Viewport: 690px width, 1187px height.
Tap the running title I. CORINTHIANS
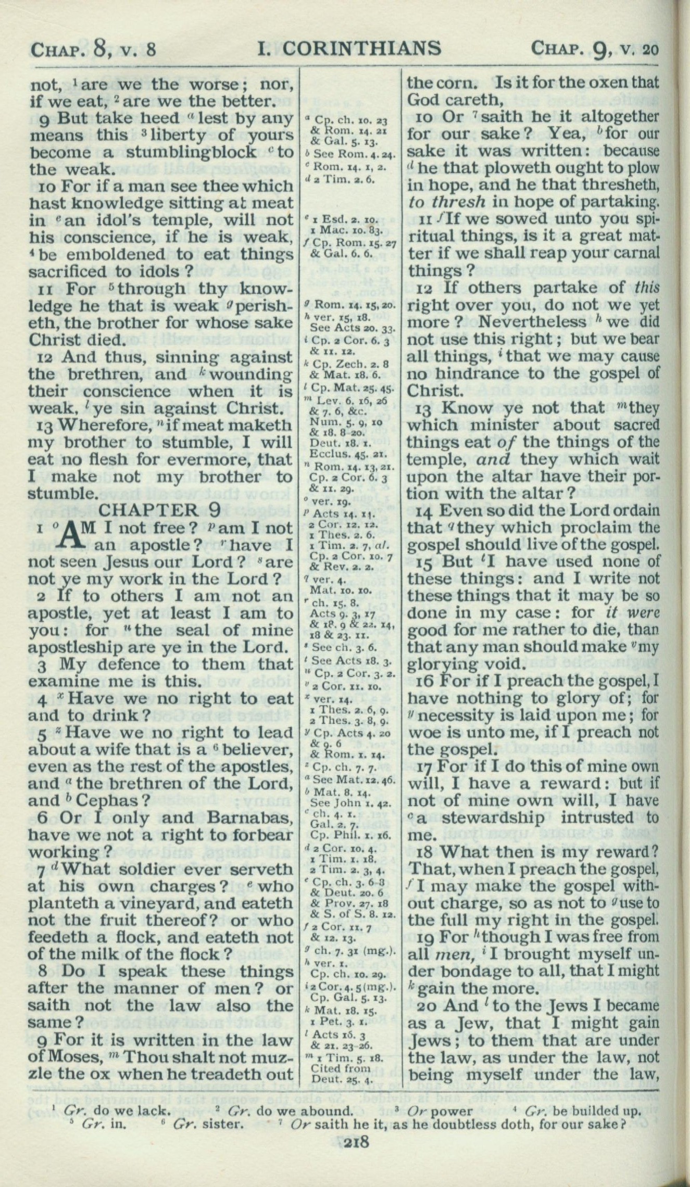coord(349,48)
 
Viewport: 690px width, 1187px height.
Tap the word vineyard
coord(184,903)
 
